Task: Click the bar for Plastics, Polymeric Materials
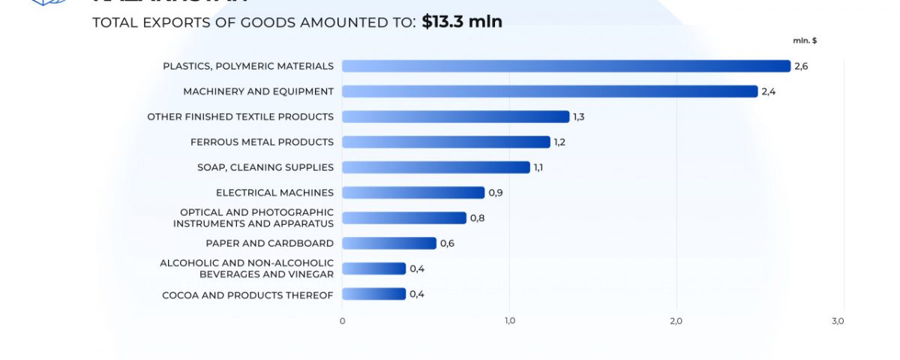coord(566,66)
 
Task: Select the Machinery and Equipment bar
coord(550,91)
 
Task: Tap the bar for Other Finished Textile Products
coord(455,117)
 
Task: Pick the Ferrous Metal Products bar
coord(446,142)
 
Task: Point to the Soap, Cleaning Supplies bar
coord(436,167)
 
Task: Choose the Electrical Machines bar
coord(413,193)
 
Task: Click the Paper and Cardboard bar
coord(388,243)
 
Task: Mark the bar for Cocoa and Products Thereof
coord(373,294)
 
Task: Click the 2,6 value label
coord(801,67)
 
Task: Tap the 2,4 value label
coord(768,91)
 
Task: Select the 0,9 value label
coord(495,193)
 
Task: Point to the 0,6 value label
coord(447,243)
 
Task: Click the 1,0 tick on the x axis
coord(509,321)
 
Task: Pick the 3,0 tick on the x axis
coord(838,321)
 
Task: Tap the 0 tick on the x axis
coord(342,321)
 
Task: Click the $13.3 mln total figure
coord(462,22)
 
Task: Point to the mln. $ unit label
coord(805,40)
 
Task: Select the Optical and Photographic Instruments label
coord(253,218)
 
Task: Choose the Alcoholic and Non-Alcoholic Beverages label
coord(247,268)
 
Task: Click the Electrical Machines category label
coord(274,193)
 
